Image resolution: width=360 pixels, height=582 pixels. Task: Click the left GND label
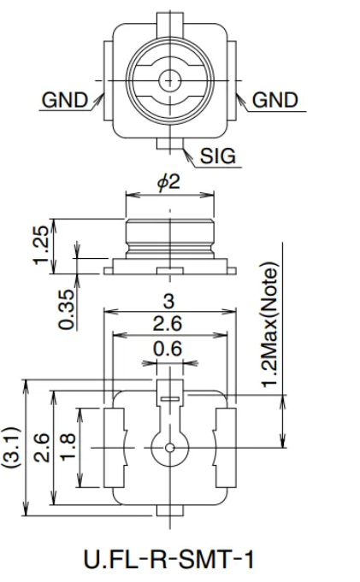(65, 100)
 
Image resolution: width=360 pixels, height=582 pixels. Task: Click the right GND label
(275, 100)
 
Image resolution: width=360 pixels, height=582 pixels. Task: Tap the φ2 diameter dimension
(171, 185)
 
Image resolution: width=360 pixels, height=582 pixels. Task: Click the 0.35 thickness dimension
(68, 311)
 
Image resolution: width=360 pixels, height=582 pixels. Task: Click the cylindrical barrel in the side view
(171, 235)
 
